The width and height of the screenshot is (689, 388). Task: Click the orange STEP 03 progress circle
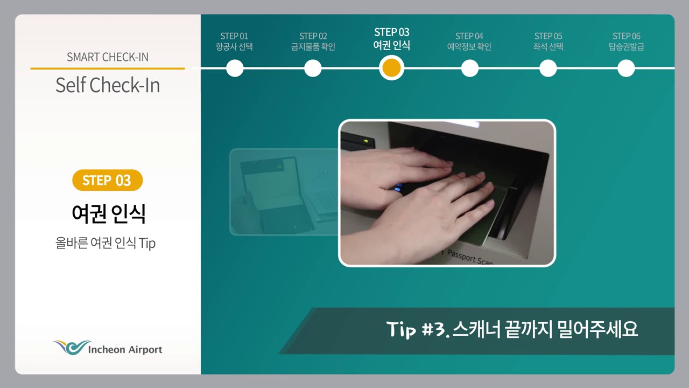pyautogui.click(x=391, y=68)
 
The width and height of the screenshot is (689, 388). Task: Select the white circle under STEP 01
pyautogui.click(x=235, y=68)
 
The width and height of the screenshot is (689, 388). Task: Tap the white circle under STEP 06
pyautogui.click(x=626, y=68)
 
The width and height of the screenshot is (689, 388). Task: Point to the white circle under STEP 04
pyautogui.click(x=470, y=68)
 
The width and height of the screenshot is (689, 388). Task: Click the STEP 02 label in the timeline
pyautogui.click(x=313, y=36)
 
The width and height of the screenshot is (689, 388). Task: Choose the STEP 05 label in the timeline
pyautogui.click(x=548, y=36)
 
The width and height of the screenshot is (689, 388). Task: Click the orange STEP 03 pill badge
pyautogui.click(x=107, y=180)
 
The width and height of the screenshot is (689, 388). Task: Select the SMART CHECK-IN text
pyautogui.click(x=108, y=57)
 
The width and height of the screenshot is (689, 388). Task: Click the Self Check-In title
pyautogui.click(x=108, y=85)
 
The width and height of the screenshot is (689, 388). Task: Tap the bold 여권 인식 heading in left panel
pyautogui.click(x=109, y=213)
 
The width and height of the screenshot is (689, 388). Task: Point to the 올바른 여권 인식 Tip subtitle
pyautogui.click(x=106, y=243)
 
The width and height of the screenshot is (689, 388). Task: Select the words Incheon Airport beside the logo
pyautogui.click(x=125, y=350)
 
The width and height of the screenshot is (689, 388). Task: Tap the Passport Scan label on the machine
pyautogui.click(x=470, y=257)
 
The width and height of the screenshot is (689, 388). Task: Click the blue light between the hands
pyautogui.click(x=399, y=188)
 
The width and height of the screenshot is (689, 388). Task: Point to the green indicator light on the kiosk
pyautogui.click(x=365, y=141)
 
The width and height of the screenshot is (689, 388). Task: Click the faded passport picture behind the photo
pyautogui.click(x=284, y=192)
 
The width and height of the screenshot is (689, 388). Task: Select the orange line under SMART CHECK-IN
pyautogui.click(x=108, y=68)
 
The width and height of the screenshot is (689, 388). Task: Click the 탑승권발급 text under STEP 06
pyautogui.click(x=626, y=47)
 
